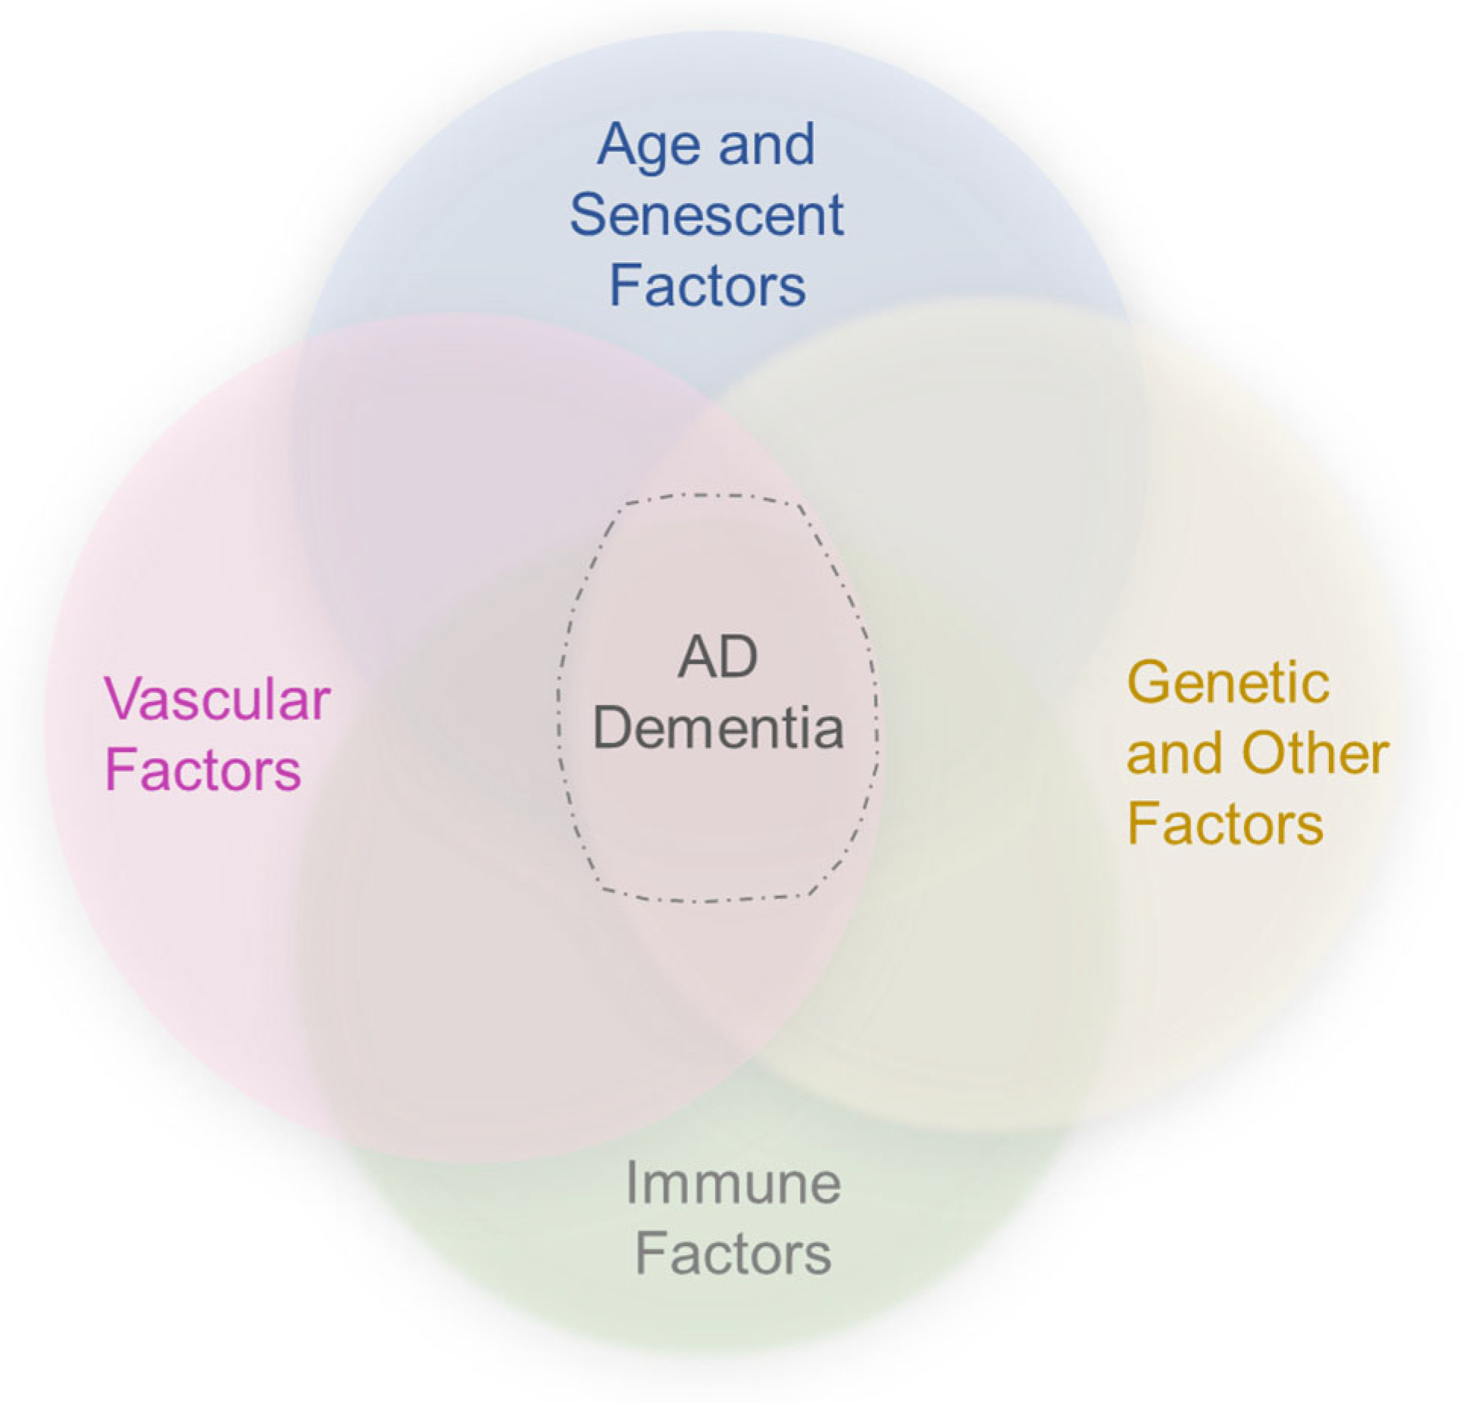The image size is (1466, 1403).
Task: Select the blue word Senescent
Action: pyautogui.click(x=706, y=215)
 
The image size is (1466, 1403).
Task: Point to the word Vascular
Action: pyautogui.click(x=217, y=698)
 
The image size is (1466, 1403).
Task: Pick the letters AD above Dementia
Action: pyautogui.click(x=717, y=657)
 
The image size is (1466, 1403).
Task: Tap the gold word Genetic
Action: pyautogui.click(x=1227, y=682)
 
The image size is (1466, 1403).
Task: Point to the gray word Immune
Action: pyautogui.click(x=733, y=1183)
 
